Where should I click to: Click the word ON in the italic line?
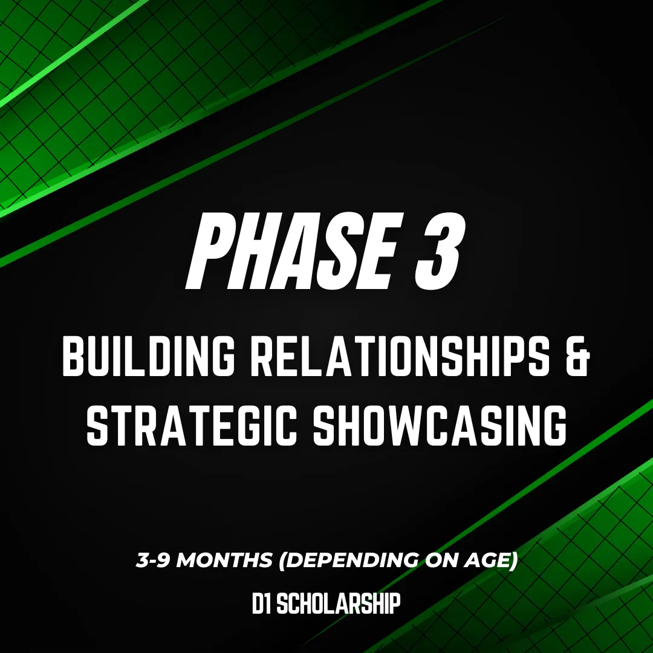tap(441, 560)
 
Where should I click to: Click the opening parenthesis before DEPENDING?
tap(283, 560)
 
